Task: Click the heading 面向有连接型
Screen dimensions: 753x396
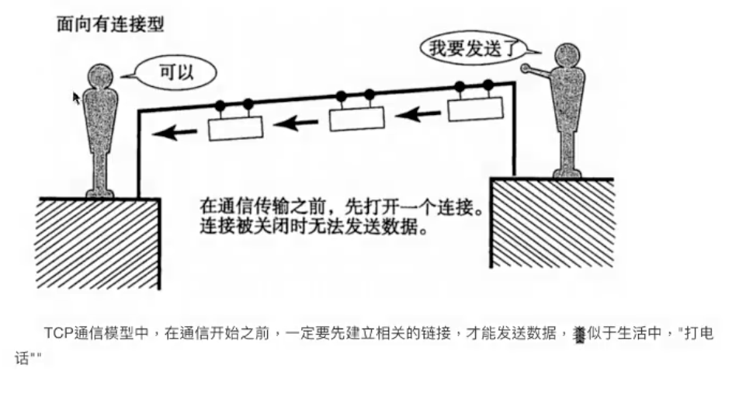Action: tap(109, 24)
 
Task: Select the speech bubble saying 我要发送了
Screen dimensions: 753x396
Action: tap(468, 49)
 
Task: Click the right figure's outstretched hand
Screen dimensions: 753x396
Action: tap(525, 69)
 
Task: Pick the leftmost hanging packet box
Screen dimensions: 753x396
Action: tap(234, 127)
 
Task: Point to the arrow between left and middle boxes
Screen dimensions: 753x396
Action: tap(294, 122)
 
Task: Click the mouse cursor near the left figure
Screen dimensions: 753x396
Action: tap(76, 97)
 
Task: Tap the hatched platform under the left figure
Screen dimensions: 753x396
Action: tap(97, 241)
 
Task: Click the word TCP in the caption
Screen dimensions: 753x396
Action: tap(58, 333)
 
